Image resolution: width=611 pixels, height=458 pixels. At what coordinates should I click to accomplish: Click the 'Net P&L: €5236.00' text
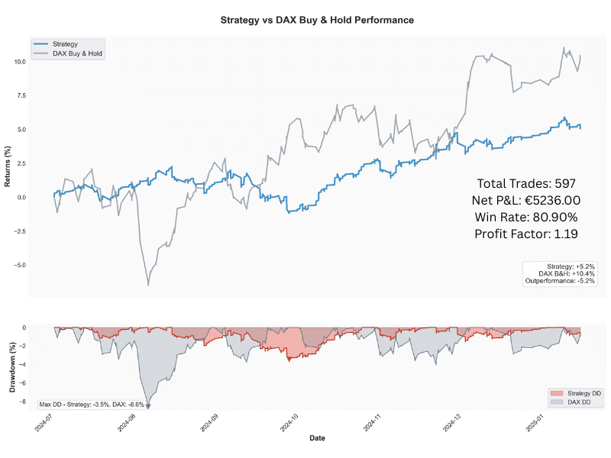525,200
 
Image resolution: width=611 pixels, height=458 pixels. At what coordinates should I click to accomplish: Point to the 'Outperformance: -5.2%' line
561,281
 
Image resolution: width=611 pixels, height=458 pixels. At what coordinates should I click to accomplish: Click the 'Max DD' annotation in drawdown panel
91,404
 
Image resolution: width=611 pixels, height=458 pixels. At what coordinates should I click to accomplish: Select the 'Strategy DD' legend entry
580,392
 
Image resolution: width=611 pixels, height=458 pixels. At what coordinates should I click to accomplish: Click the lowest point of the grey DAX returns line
148,285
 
